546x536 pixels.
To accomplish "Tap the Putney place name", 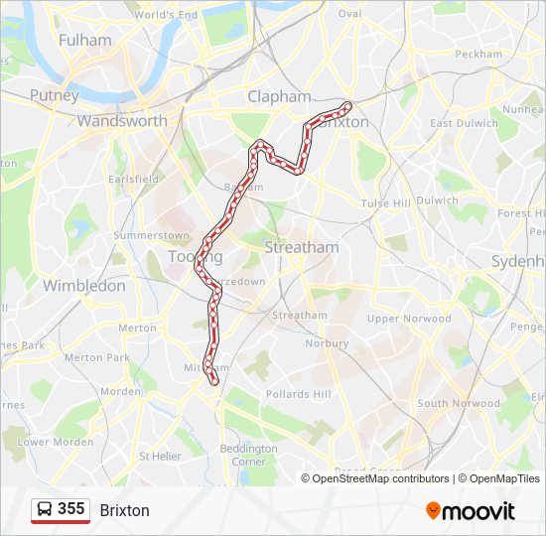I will coord(54,95).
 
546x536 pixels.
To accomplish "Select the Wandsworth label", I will coord(122,121).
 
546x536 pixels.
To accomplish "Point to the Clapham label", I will coord(279,96).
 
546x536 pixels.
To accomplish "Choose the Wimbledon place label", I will coord(84,286).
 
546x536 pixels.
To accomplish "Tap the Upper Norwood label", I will coord(409,319).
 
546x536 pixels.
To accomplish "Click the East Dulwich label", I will coord(463,123).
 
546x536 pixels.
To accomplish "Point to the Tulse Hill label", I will coord(385,202).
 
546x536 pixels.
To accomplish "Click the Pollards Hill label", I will coord(299,394).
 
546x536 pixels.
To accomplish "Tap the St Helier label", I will coord(160,457).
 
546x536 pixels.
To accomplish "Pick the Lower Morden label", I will coord(56,442).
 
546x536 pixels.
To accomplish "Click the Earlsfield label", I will coord(133,179).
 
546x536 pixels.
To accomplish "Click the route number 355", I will coord(70,509).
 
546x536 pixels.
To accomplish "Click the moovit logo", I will coord(471,511).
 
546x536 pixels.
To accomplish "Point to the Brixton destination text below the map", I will coord(124,510).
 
